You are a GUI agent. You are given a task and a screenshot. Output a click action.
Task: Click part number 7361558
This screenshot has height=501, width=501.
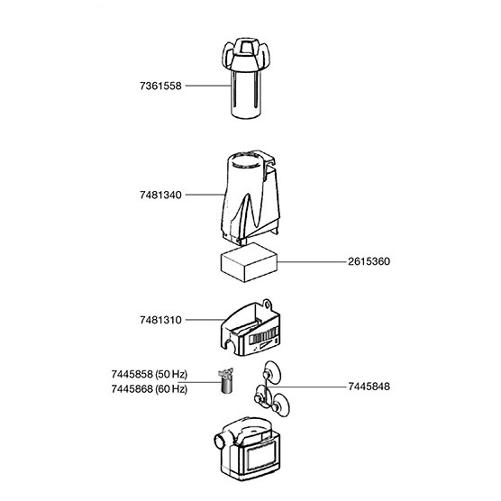click(x=160, y=86)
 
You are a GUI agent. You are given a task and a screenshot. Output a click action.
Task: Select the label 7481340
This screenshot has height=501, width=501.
click(x=160, y=195)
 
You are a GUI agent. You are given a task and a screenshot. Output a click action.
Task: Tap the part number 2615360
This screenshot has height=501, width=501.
click(x=369, y=261)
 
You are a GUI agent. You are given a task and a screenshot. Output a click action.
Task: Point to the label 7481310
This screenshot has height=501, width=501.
click(x=160, y=320)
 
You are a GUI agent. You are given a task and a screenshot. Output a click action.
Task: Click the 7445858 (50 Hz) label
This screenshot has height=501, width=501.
click(x=150, y=374)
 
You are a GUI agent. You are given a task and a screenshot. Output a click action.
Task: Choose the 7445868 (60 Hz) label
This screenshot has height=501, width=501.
click(x=150, y=389)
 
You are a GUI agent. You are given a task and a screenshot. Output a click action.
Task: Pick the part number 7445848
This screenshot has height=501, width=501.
click(x=369, y=387)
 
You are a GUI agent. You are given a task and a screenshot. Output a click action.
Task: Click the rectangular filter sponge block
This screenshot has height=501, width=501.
click(x=249, y=262)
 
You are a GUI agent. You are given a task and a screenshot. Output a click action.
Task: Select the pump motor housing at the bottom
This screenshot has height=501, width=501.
click(x=247, y=449)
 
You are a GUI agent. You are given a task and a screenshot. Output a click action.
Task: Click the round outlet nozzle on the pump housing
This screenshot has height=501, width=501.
click(x=219, y=442)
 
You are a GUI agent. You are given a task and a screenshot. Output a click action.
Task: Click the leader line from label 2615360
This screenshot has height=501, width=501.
click(x=312, y=262)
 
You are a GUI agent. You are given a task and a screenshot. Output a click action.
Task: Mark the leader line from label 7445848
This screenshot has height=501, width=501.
click(x=306, y=387)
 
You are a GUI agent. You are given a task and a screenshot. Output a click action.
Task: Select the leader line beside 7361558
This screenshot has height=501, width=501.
click(x=208, y=86)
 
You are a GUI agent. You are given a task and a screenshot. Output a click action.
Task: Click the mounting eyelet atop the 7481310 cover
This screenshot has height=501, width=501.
click(x=266, y=305)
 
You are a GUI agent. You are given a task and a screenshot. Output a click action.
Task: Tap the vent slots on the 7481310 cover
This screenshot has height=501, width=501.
click(x=263, y=337)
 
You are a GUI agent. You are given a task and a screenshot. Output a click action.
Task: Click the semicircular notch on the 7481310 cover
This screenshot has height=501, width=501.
click(x=230, y=344)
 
